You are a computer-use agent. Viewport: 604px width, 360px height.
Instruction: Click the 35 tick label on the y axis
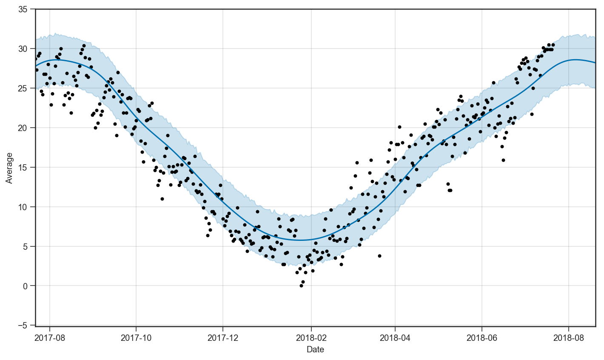pyautogui.click(x=28, y=9)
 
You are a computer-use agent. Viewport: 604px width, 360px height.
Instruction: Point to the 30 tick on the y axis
pyautogui.click(x=28, y=49)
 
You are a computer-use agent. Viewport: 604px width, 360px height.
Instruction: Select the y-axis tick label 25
pyautogui.click(x=28, y=89)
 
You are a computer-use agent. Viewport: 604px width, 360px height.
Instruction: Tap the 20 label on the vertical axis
pyautogui.click(x=28, y=128)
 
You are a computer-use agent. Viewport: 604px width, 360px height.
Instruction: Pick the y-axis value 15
pyautogui.click(x=28, y=168)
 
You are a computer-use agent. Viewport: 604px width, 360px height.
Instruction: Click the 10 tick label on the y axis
pyautogui.click(x=28, y=207)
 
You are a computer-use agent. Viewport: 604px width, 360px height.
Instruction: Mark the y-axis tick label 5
pyautogui.click(x=30, y=247)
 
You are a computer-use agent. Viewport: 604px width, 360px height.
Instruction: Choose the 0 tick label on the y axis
pyautogui.click(x=30, y=286)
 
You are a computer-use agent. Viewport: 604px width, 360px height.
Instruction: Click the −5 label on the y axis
pyautogui.click(x=28, y=326)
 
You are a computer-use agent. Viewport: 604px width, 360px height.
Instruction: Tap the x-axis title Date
pyautogui.click(x=315, y=350)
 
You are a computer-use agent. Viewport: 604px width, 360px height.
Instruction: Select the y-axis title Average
pyautogui.click(x=9, y=168)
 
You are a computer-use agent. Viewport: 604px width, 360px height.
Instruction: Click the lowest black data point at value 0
pyautogui.click(x=301, y=286)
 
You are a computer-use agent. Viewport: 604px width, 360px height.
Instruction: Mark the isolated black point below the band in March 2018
pyautogui.click(x=379, y=256)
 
